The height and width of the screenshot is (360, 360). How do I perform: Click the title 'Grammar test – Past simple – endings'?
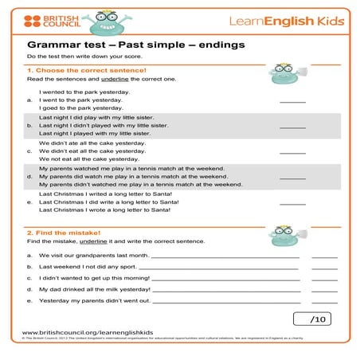(135, 45)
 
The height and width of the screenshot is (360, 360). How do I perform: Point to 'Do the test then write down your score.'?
(88, 57)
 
